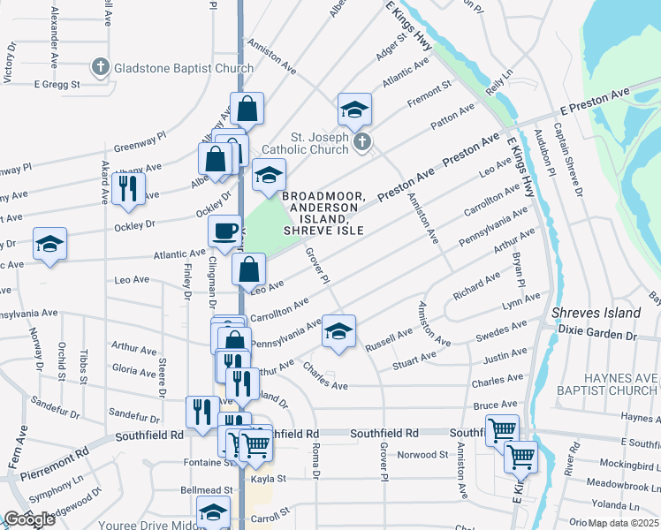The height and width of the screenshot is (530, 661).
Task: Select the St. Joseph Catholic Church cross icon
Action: click(x=361, y=141)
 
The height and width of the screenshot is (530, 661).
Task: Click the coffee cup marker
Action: click(x=224, y=231)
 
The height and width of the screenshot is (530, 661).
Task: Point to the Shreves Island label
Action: click(x=596, y=314)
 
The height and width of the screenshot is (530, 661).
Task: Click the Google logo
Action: click(x=29, y=519)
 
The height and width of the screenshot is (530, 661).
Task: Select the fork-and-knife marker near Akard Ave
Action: click(x=127, y=189)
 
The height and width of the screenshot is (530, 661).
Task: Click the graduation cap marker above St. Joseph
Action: click(x=354, y=110)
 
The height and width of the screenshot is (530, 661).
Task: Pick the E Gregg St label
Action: click(x=57, y=85)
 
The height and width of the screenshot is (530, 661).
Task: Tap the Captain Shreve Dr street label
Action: click(x=567, y=158)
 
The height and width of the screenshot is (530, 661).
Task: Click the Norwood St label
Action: click(x=422, y=455)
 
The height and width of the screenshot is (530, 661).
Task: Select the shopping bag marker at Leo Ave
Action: click(x=250, y=269)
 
